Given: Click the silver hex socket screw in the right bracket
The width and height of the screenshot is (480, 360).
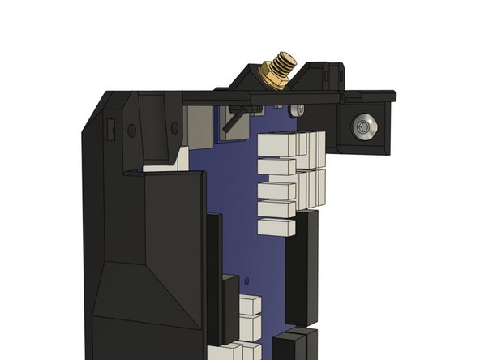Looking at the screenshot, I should click(365, 126).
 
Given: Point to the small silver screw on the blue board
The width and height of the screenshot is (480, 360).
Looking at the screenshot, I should click(300, 109).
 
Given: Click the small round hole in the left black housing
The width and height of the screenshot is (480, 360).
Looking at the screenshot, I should click(131, 130).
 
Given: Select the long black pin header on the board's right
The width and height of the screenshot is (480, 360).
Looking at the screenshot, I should click(306, 264).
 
